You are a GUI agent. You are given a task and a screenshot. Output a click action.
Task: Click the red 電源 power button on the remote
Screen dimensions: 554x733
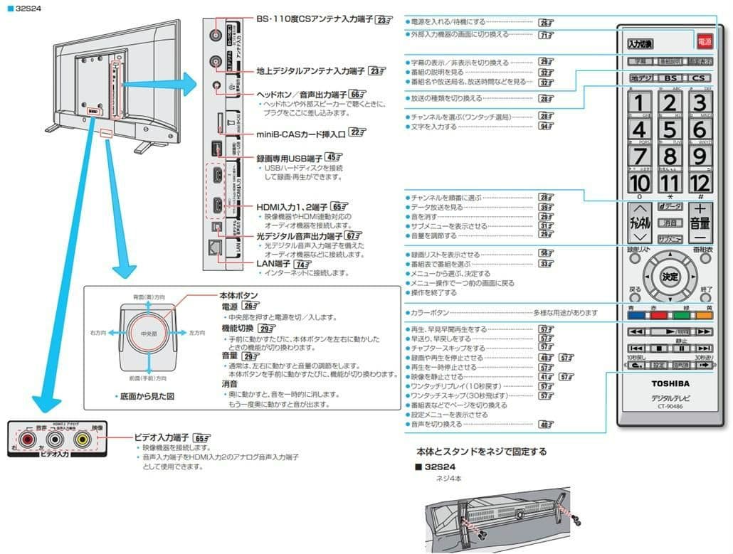(x=704, y=42)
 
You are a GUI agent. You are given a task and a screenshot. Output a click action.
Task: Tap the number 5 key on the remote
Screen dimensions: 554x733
(x=670, y=130)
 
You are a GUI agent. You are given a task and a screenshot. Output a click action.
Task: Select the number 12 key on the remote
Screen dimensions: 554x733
(x=700, y=182)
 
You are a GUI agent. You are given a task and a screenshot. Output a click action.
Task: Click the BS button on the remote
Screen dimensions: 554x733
(x=670, y=78)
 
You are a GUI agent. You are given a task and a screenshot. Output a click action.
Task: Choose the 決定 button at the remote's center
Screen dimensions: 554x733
(x=670, y=277)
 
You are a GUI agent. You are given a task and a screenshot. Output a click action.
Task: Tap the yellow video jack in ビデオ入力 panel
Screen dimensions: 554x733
(x=83, y=440)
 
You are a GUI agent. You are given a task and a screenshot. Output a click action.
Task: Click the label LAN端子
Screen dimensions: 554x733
(x=275, y=263)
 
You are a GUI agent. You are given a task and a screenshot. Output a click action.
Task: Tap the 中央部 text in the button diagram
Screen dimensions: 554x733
(x=149, y=333)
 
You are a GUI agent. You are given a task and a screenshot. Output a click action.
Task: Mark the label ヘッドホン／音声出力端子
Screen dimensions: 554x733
(x=302, y=94)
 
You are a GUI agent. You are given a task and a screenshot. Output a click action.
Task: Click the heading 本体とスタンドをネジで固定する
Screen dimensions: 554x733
(x=481, y=452)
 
